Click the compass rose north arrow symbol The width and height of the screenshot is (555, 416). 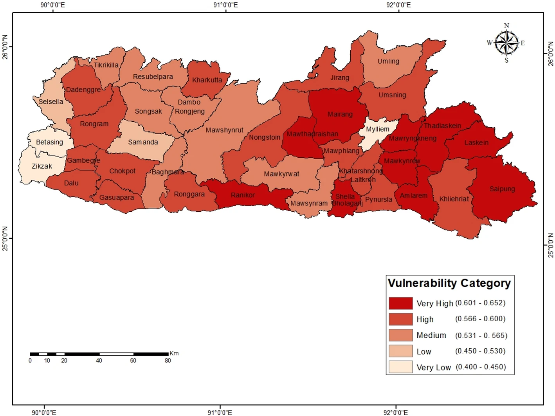tap(506, 43)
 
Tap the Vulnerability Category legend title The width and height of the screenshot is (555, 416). tap(449, 283)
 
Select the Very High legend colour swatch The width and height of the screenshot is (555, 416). tap(400, 303)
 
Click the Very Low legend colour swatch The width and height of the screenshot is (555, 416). tap(400, 367)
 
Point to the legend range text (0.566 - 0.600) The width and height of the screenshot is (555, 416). tap(480, 319)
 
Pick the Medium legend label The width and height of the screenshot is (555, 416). tap(431, 335)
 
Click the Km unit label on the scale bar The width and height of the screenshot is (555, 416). tap(174, 353)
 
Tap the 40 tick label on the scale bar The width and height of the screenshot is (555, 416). tap(99, 361)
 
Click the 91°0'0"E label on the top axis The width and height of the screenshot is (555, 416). tap(225, 5)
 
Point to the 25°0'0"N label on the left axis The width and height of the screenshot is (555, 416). tap(5, 238)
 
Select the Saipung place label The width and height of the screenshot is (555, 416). tap(502, 189)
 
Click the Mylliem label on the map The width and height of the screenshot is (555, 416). tap(377, 129)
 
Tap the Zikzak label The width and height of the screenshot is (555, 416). tap(42, 166)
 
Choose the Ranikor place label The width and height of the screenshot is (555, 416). tap(243, 195)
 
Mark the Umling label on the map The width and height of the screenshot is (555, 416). tap(388, 61)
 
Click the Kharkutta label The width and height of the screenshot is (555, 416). tap(207, 80)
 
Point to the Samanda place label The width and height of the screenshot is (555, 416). tap(143, 142)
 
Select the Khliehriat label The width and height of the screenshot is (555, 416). tap(454, 199)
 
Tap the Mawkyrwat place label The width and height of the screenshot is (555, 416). tap(281, 174)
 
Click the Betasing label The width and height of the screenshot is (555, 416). tap(49, 142)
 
